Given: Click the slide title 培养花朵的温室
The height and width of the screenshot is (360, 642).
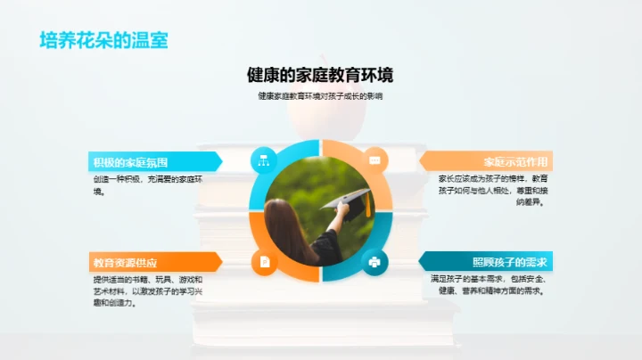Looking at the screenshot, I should [x=103, y=40].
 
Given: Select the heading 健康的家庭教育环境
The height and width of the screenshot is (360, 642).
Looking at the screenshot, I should [x=320, y=74].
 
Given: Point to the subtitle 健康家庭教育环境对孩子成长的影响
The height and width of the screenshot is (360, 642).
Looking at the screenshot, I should [x=320, y=96].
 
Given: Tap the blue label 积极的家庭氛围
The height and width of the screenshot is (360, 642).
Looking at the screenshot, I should [x=130, y=162].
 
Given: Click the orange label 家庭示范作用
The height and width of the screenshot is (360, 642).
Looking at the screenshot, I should [x=515, y=162].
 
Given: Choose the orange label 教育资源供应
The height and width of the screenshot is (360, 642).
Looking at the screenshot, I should [x=125, y=263].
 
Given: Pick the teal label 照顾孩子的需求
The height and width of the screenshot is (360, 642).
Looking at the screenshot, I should [x=509, y=262].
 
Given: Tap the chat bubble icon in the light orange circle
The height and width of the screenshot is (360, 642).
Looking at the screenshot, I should [x=374, y=160].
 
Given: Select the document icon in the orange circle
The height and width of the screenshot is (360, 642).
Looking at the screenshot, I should [x=264, y=262].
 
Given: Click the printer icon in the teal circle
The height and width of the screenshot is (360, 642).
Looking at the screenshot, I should [x=374, y=262].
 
